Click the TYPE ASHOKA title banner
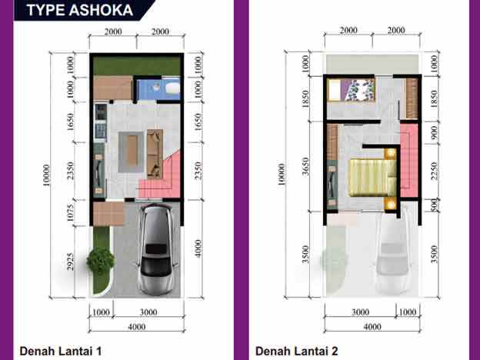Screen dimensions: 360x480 click(x=79, y=10)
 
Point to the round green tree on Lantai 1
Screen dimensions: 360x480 click(x=101, y=262)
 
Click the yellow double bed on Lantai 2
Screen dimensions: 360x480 click(x=372, y=175)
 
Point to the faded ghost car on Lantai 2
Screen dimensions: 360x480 click(x=392, y=254)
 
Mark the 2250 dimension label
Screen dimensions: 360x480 click(x=434, y=172)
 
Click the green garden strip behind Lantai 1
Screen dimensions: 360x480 click(x=137, y=65)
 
